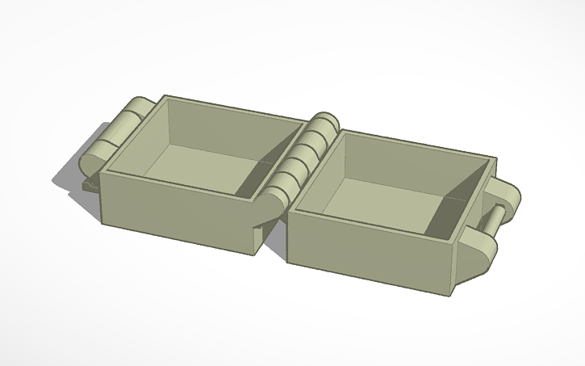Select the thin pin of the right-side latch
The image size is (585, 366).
[495, 218]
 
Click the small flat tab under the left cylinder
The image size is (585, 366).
[91, 185]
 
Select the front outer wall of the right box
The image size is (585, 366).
[363, 250]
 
